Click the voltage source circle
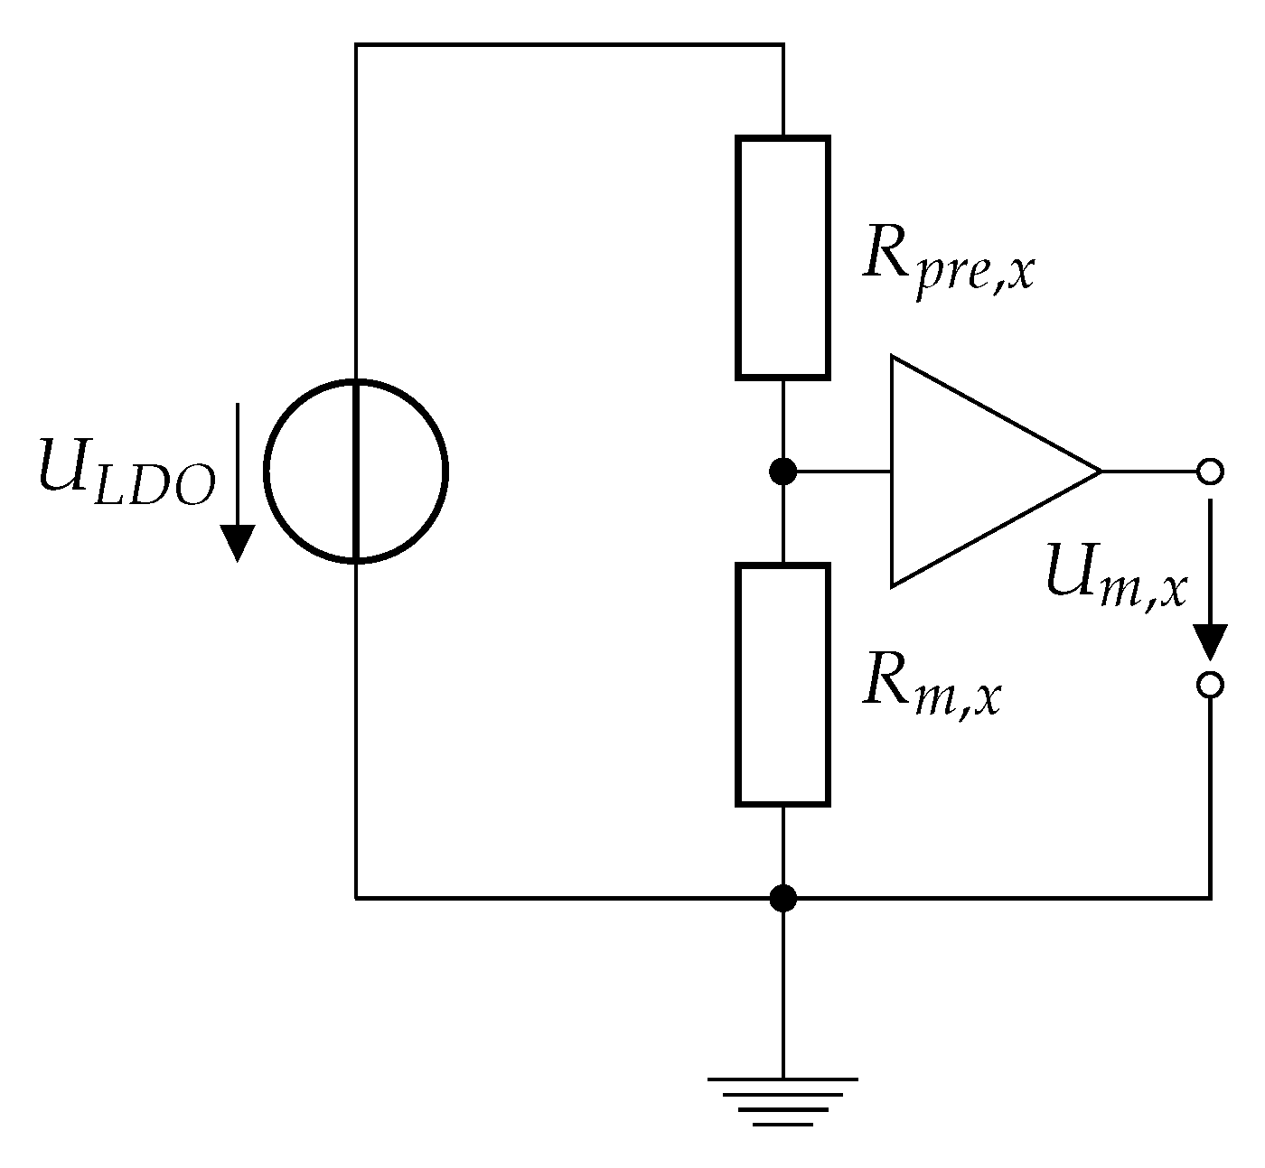coord(356,472)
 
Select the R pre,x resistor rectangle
coord(782,257)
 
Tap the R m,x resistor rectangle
coord(782,684)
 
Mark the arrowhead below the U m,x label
coord(1209,642)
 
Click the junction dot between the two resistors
coord(782,472)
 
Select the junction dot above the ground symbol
coord(782,898)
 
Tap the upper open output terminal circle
coord(1209,472)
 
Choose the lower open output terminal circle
coord(1209,685)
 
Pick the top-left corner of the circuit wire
coord(356,44)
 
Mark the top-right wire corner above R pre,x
coord(782,44)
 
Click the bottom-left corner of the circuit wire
coord(356,898)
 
